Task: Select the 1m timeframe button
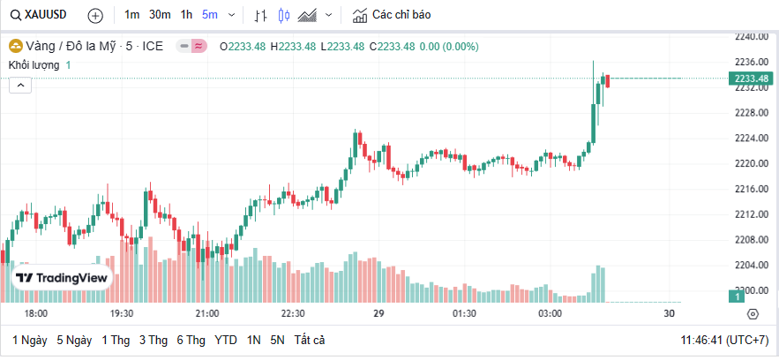(131, 15)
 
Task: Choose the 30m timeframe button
(160, 15)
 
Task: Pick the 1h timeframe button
(186, 15)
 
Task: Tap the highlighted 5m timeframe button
(210, 15)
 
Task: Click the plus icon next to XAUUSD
(95, 15)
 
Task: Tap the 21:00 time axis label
(207, 313)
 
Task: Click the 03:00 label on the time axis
(550, 313)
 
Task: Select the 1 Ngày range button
(29, 340)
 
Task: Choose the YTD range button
(226, 340)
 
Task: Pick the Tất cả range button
(310, 340)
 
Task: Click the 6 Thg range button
(191, 340)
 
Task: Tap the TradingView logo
(62, 278)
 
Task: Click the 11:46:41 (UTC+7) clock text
(723, 340)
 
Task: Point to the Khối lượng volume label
(34, 65)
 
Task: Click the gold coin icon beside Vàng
(15, 46)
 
